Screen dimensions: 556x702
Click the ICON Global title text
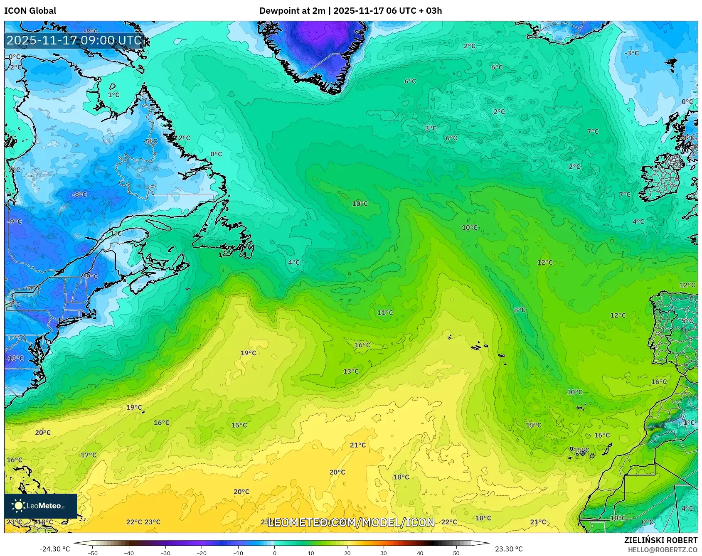pos(30,11)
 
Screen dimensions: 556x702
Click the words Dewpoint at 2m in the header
pos(292,11)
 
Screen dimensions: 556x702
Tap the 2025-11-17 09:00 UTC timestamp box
pos(74,40)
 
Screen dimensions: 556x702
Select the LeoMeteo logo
pos(40,506)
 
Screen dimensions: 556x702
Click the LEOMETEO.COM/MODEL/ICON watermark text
pos(351,522)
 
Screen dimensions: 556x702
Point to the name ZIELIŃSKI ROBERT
pos(660,540)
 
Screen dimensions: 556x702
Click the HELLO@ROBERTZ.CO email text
pos(662,550)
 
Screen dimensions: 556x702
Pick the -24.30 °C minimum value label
pos(54,549)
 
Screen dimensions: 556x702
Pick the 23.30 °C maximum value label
pos(508,549)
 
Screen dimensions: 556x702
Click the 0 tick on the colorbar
pos(274,553)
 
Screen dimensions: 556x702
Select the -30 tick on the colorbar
pos(165,553)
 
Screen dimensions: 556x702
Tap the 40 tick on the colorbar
pos(420,553)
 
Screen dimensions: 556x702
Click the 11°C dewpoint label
pos(385,312)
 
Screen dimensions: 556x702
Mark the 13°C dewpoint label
pos(351,371)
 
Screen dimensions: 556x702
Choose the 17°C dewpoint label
pos(89,455)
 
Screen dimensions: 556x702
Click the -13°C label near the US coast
pos(15,358)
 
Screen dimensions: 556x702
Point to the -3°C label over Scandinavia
pos(631,53)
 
